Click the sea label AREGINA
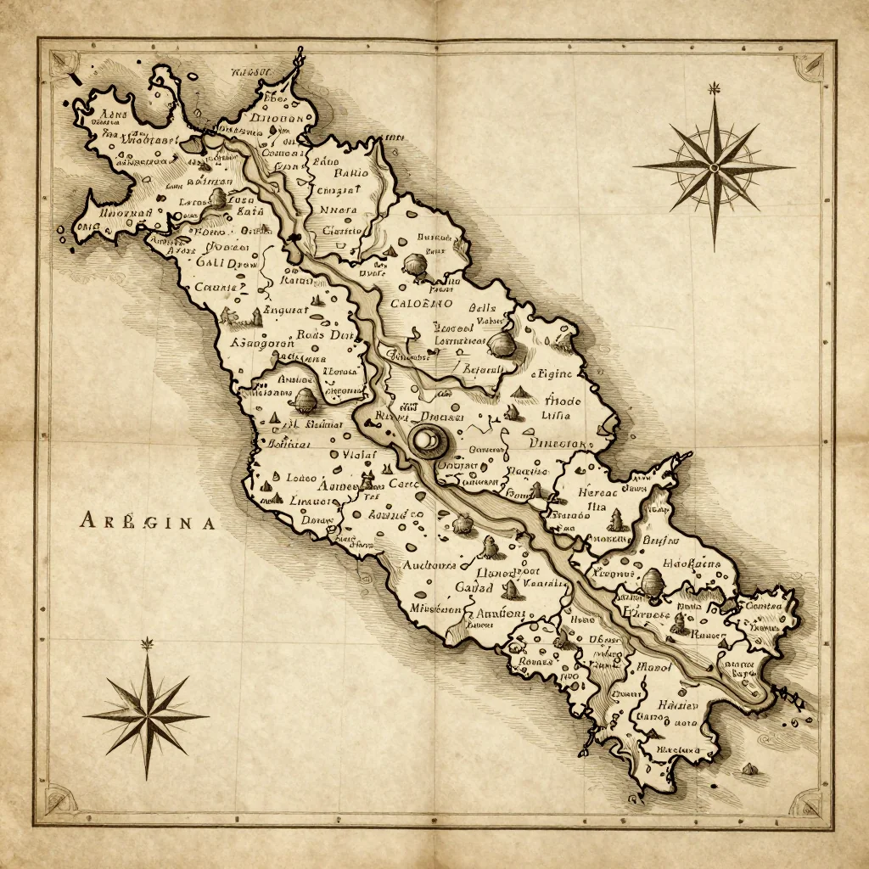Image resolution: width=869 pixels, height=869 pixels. [148, 521]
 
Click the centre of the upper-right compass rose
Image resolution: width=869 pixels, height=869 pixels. [714, 167]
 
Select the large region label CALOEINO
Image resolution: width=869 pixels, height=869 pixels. [421, 303]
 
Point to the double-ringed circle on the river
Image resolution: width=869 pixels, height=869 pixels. [426, 440]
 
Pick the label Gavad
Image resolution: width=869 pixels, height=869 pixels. [474, 587]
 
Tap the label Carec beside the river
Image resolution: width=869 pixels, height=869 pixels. [403, 484]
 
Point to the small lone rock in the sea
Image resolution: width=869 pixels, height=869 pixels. [750, 768]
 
